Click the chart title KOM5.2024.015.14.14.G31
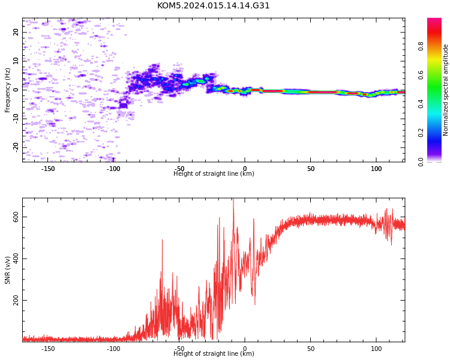click(213, 5)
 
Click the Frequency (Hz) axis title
click(7, 90)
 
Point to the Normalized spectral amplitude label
click(445, 90)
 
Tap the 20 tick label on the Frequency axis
click(16, 32)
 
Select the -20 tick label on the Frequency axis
click(16, 147)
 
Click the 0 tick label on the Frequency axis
click(16, 90)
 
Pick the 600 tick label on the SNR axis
click(16, 217)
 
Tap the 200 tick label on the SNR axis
click(16, 300)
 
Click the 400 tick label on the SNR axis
click(16, 259)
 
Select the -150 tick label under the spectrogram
click(47, 169)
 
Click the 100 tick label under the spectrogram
click(376, 169)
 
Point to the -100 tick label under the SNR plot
click(113, 349)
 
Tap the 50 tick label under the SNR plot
click(311, 349)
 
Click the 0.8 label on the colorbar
click(421, 46)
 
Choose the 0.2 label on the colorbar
click(421, 133)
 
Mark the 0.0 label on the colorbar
click(421, 161)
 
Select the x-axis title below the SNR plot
click(214, 353)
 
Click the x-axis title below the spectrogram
click(214, 173)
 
